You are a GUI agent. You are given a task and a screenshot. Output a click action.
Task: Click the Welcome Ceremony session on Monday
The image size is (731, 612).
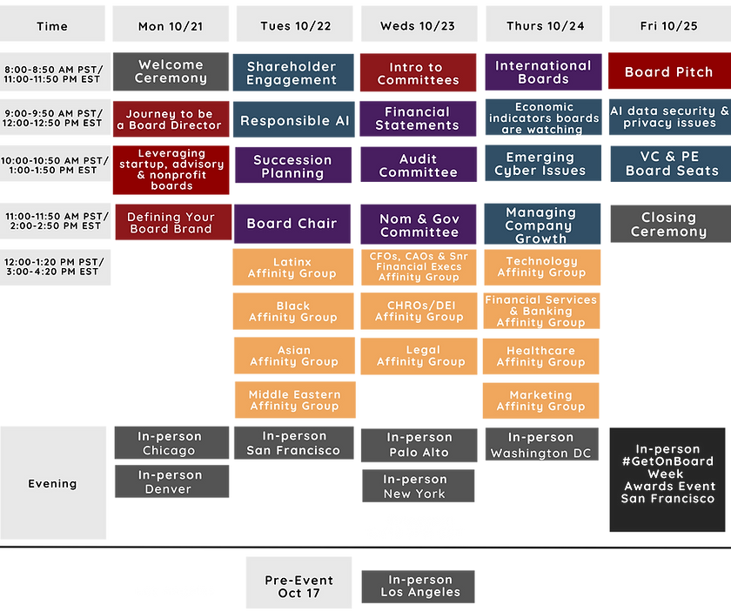click(x=171, y=72)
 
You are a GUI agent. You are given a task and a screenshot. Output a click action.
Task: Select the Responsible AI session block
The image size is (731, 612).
click(x=294, y=121)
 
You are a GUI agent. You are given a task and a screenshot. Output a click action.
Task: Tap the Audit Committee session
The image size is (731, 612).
click(x=418, y=165)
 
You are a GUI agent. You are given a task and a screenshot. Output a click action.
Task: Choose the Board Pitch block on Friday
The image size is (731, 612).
click(x=668, y=72)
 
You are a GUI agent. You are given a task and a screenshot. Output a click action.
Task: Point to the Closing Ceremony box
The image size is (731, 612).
click(x=668, y=224)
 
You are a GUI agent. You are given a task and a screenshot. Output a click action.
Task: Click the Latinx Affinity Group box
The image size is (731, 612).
click(x=292, y=267)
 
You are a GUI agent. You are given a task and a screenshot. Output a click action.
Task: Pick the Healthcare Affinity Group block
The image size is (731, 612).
click(x=541, y=356)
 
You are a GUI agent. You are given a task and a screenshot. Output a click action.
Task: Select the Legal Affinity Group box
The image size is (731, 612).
click(x=418, y=356)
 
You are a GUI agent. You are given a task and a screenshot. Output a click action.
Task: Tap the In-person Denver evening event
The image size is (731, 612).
click(x=171, y=482)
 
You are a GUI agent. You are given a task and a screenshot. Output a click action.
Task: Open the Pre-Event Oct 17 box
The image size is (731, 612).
click(x=298, y=586)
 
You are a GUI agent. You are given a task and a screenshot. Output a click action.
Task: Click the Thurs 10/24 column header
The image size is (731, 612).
click(x=545, y=25)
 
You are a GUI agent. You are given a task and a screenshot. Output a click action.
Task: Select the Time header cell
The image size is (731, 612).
click(x=52, y=25)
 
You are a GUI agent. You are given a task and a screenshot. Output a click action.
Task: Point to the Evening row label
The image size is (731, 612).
click(x=52, y=483)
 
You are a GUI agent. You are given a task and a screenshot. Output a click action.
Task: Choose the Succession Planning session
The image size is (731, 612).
click(x=292, y=165)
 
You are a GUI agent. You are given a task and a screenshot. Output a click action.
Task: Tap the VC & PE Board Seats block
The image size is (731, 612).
click(x=668, y=164)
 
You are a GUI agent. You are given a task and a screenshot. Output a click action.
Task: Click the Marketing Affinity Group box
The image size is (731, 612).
click(x=541, y=400)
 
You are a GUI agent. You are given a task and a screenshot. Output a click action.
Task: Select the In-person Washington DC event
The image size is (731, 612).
click(x=541, y=445)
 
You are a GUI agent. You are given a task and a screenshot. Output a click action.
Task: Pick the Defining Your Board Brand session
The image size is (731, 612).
click(x=171, y=223)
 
